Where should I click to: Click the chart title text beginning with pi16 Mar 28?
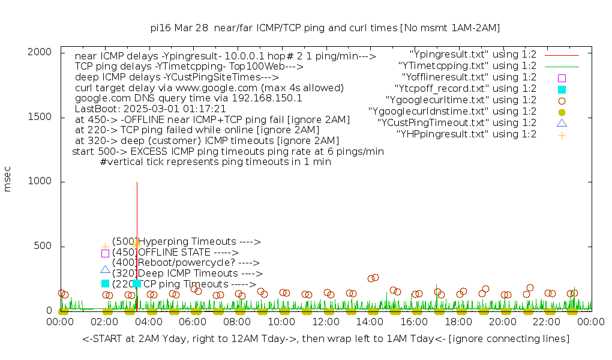click(x=325, y=28)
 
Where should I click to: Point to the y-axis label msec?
click(x=8, y=181)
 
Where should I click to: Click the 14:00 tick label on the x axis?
click(x=370, y=322)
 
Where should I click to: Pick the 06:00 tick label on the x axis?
click(x=193, y=322)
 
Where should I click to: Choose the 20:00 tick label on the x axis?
click(x=502, y=322)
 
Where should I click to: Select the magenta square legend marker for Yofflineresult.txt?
click(x=562, y=78)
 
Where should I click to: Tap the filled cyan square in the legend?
click(x=562, y=89)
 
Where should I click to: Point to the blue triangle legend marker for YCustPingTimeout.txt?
click(x=562, y=123)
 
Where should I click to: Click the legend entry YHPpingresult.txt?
click(x=466, y=134)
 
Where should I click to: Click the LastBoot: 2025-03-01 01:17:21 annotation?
click(x=151, y=109)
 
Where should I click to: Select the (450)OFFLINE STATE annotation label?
click(x=175, y=253)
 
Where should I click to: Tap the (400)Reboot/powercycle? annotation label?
click(x=185, y=263)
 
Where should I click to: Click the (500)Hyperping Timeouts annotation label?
click(x=186, y=242)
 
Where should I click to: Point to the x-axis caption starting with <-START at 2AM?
click(x=326, y=339)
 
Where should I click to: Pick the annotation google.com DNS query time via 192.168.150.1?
click(x=188, y=98)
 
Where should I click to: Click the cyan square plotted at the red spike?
click(x=137, y=283)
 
